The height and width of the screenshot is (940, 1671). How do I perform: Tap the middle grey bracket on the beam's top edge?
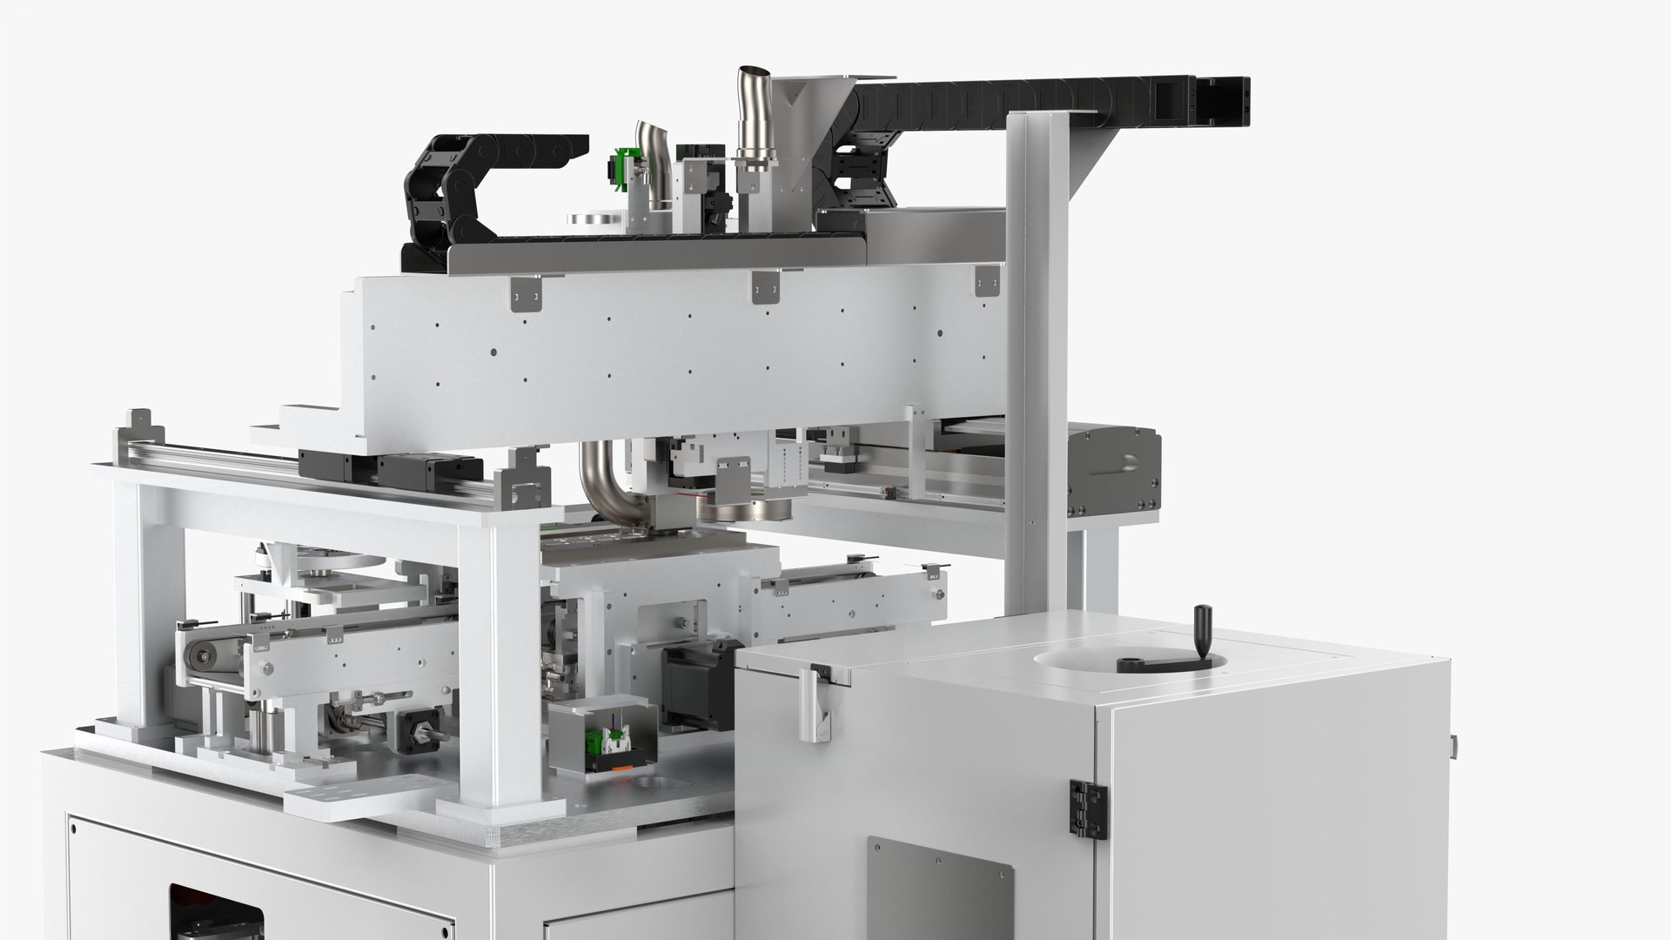coord(764,288)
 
